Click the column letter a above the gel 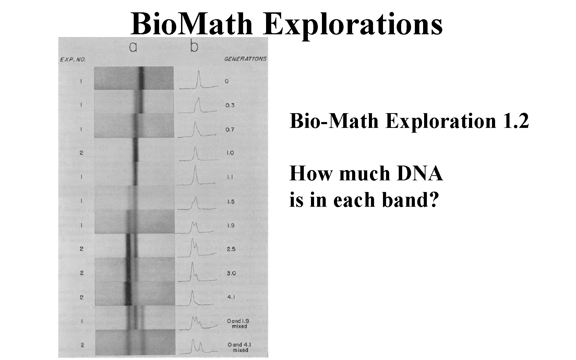pyautogui.click(x=133, y=47)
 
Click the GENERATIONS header pyautogui.click(x=245, y=59)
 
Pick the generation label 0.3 pyautogui.click(x=230, y=105)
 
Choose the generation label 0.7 pyautogui.click(x=230, y=130)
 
